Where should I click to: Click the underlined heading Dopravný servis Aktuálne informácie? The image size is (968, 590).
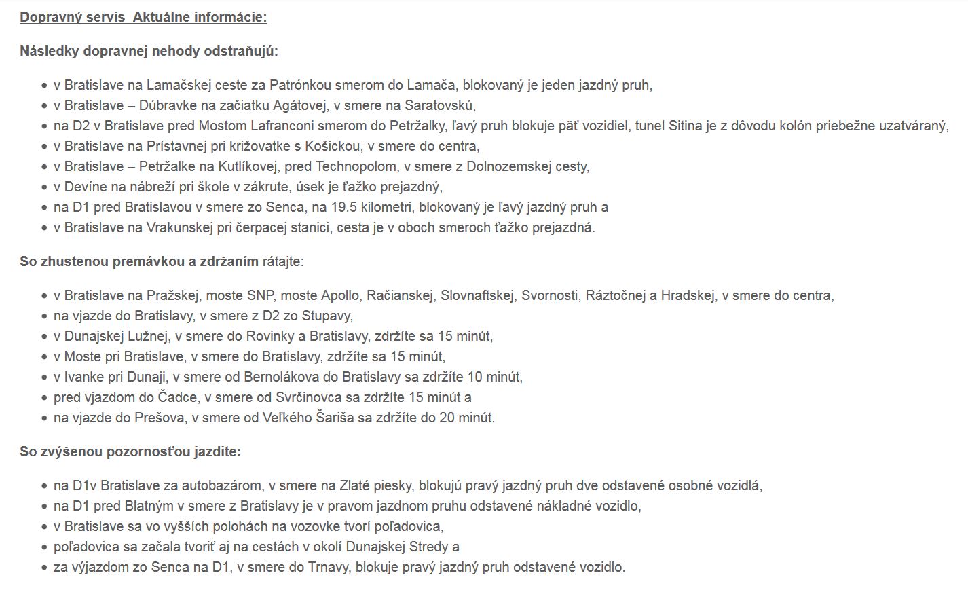click(143, 17)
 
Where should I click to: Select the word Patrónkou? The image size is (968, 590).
click(300, 85)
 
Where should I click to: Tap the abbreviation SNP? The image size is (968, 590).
click(261, 295)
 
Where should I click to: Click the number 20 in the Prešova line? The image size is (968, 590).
click(447, 418)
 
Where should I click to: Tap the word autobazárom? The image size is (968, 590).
click(225, 485)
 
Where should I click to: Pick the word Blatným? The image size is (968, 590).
click(149, 506)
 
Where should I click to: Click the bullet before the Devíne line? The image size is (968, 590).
click(44, 187)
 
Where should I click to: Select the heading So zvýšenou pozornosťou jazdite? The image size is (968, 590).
click(130, 451)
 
